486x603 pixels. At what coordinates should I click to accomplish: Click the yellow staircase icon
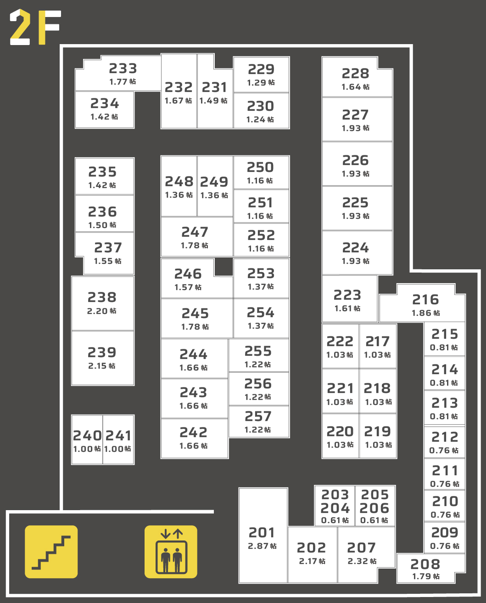pos(51,552)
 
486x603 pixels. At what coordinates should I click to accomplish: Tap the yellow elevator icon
pos(171,552)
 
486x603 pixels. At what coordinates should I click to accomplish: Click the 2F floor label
pos(35,28)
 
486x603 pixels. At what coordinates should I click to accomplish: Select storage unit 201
pos(263,538)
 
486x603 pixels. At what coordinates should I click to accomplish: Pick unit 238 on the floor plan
pos(102,303)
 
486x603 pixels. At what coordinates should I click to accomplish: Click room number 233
pos(123,68)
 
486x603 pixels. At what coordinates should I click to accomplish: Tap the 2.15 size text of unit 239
pos(102,366)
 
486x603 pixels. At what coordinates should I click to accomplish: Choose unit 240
pos(87,440)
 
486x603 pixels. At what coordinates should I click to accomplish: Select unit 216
pos(425,306)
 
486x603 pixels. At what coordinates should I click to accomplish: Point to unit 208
pos(425,569)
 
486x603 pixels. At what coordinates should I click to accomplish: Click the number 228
pos(355,73)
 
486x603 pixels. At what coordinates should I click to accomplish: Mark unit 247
pos(195,237)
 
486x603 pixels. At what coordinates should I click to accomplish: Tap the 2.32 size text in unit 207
pos(362,561)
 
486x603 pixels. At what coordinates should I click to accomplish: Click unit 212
pos(444,442)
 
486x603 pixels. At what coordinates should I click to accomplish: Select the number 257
pos(258,416)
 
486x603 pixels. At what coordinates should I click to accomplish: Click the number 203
pos(335,495)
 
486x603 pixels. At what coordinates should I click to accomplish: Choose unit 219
pos(378,437)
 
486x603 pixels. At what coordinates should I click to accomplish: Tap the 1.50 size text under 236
pos(102,225)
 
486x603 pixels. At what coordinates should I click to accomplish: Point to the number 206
pos(374,508)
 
